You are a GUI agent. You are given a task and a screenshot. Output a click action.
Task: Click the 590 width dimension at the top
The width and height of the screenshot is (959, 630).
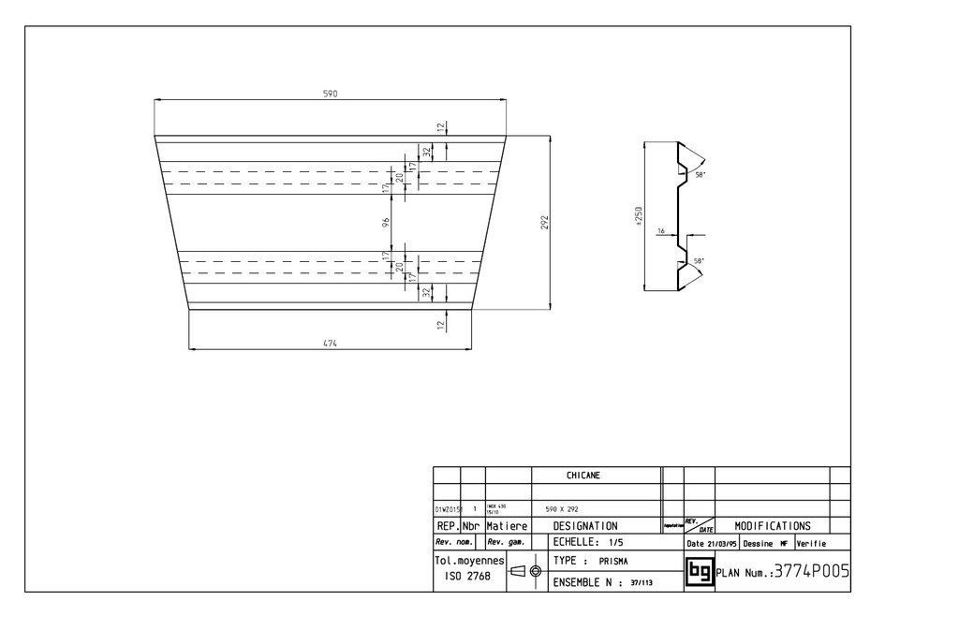(x=330, y=94)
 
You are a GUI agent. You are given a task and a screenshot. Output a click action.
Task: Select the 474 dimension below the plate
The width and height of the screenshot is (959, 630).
(x=330, y=344)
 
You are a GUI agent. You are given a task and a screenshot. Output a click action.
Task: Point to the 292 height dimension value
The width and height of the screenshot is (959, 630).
(x=544, y=222)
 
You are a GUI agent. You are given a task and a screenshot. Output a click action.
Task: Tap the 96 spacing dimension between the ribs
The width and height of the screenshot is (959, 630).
(x=386, y=222)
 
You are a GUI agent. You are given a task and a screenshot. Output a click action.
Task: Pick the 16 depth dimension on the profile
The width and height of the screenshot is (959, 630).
(x=661, y=230)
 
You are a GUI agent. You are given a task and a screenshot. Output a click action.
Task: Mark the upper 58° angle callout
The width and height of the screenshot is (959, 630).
(x=698, y=175)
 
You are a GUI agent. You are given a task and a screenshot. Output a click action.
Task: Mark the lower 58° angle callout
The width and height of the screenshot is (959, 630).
(x=698, y=260)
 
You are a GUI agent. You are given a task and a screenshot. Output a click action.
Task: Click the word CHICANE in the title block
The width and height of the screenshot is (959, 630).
(x=583, y=476)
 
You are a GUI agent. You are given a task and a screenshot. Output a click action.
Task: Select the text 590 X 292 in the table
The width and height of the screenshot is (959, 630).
(x=562, y=509)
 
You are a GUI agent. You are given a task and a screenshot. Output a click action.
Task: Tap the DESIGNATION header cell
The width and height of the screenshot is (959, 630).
(x=584, y=526)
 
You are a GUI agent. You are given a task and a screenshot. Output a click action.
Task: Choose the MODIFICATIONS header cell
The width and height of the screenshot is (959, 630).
(x=772, y=526)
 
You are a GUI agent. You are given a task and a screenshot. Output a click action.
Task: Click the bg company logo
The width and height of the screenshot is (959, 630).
(x=699, y=571)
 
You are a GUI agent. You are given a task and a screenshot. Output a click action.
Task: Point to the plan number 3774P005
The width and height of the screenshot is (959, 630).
(x=811, y=571)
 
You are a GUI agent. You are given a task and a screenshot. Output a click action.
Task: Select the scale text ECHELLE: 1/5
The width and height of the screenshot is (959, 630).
(x=587, y=542)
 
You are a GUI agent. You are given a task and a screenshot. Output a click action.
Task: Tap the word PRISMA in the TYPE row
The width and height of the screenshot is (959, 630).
(x=613, y=562)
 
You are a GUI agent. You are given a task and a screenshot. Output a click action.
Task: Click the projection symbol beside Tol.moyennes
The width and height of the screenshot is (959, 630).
(x=525, y=570)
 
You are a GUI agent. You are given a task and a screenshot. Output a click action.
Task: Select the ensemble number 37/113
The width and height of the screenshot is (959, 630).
(x=642, y=582)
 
